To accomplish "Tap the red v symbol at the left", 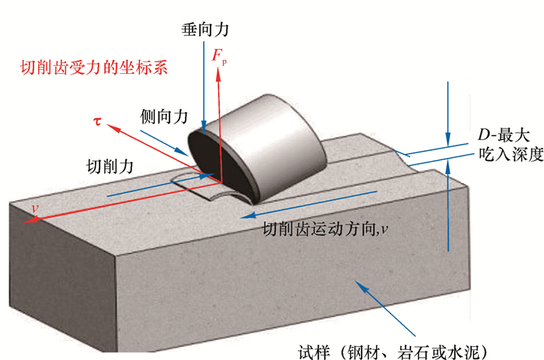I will pyautogui.click(x=34, y=209).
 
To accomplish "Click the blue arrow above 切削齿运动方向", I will pyautogui.click(x=311, y=204).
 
